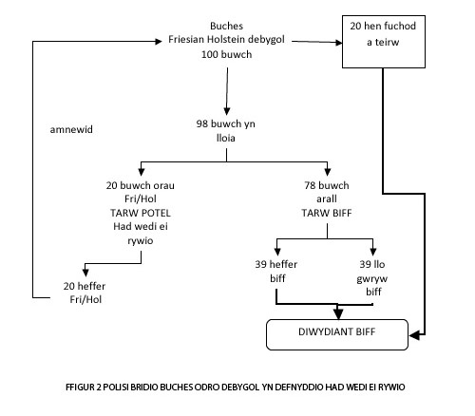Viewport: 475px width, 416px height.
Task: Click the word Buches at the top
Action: click(x=226, y=26)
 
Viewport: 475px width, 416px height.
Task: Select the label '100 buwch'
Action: click(x=226, y=54)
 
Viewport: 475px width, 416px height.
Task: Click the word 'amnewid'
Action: click(x=71, y=129)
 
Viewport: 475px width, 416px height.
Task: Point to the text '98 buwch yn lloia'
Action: click(x=226, y=131)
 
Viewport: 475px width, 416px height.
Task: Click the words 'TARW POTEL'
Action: click(x=141, y=213)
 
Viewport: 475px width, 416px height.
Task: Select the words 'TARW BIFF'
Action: click(x=327, y=213)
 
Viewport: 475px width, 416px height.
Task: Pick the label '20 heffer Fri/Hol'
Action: click(x=85, y=293)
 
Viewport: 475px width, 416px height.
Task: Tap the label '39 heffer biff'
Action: click(x=276, y=271)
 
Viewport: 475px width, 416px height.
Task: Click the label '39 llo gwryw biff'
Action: click(x=372, y=277)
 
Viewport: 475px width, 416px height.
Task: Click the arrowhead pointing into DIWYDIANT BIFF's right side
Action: click(x=414, y=335)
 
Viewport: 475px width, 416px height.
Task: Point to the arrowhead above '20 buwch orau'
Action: click(x=142, y=172)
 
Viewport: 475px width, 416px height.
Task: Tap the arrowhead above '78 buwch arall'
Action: click(x=328, y=172)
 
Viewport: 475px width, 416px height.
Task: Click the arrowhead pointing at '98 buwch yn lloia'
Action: click(x=227, y=111)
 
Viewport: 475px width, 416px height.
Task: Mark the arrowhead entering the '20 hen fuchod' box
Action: click(x=339, y=42)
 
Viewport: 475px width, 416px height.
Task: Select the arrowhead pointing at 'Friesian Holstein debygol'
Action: click(x=159, y=41)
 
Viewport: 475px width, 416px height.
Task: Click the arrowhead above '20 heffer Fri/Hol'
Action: click(x=85, y=273)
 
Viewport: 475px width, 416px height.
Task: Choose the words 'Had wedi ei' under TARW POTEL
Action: click(x=141, y=226)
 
